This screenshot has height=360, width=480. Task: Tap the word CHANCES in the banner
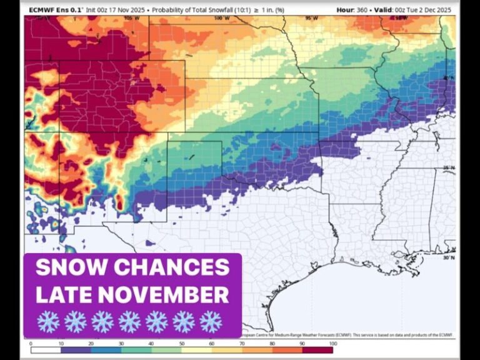coord(177,267)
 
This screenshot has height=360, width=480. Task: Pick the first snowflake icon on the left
coord(48,321)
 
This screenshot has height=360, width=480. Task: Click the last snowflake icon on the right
coord(211,321)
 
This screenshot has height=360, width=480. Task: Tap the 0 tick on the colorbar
coord(31,344)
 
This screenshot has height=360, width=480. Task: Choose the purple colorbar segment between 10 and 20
coord(76,349)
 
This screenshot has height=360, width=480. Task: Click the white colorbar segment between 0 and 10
coord(46,349)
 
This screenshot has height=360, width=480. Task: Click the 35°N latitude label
coord(448,167)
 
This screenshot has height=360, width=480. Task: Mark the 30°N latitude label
coord(448,257)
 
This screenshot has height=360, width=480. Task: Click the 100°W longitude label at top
coord(219,18)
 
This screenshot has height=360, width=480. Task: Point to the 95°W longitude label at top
coord(312,18)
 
